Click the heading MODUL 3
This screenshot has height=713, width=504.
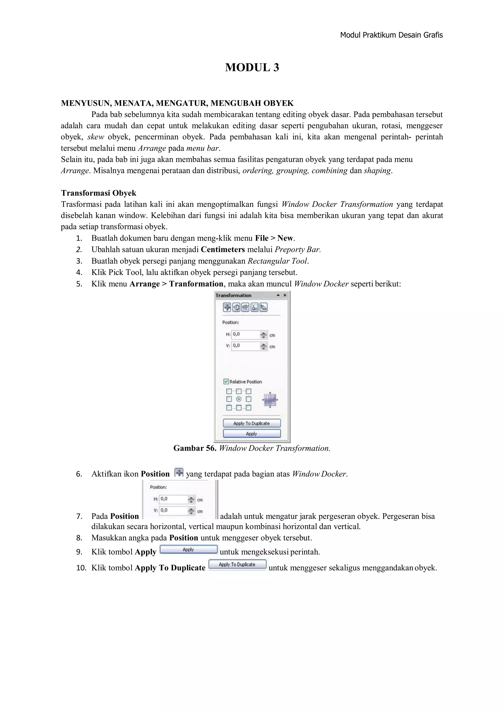pos(252,67)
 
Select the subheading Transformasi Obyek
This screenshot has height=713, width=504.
pos(98,193)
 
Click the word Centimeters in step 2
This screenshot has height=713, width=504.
pos(223,249)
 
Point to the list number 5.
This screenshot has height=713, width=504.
pos(79,284)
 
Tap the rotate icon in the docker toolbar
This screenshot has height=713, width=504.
pos(236,307)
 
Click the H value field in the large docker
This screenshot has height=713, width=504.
pos(246,334)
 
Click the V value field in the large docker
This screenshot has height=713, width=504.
pos(246,346)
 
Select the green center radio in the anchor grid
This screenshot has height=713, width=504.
pos(239,399)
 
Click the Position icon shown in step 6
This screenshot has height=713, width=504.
pos(179,473)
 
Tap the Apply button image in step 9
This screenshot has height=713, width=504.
pos(188,549)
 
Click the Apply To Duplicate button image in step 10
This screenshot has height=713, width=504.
pos(237,564)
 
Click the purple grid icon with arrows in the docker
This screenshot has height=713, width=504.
pos(270,400)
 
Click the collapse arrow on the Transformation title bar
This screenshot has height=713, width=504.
pos(278,295)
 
